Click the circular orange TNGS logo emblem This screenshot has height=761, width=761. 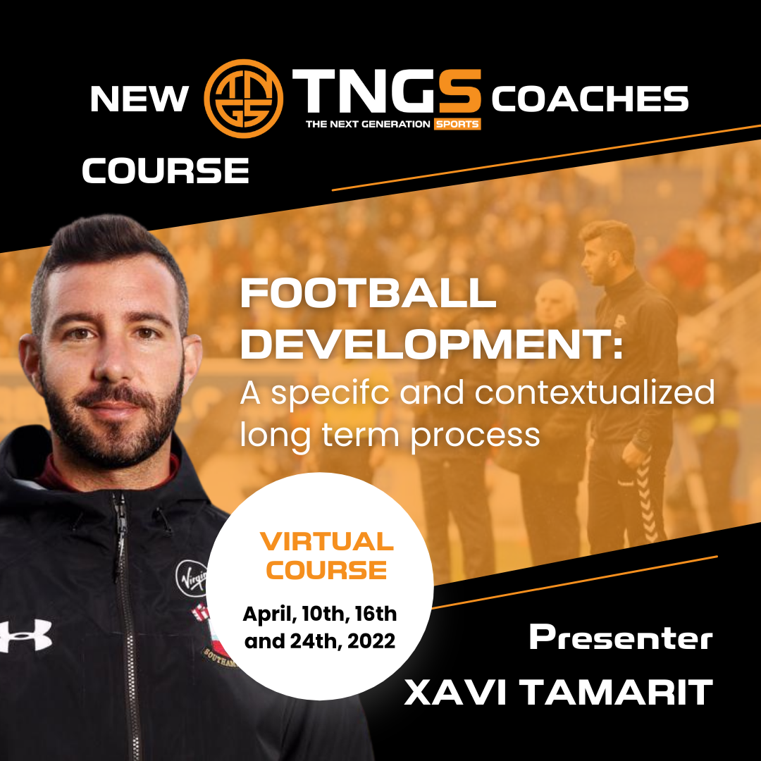click(x=243, y=99)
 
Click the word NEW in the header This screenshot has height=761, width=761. click(x=140, y=99)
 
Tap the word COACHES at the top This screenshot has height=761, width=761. click(x=590, y=99)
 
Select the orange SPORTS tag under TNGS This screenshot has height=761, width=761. click(x=457, y=124)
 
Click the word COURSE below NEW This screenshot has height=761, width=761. click(x=166, y=171)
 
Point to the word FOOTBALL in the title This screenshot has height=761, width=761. click(x=369, y=293)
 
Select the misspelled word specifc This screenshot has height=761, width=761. click(x=330, y=392)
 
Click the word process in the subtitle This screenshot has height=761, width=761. click(x=475, y=436)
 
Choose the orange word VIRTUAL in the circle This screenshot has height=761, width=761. click(x=327, y=542)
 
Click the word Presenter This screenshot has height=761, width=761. click(x=621, y=638)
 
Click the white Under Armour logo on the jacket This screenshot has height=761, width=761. click(x=25, y=636)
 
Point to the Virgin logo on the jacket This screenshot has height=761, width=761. click(x=192, y=578)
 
